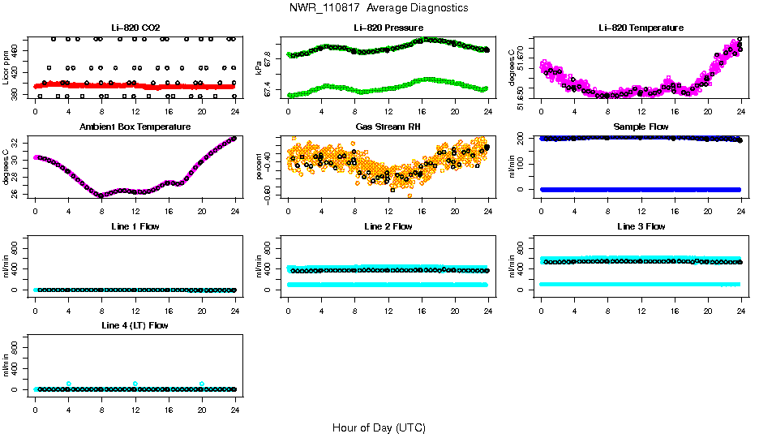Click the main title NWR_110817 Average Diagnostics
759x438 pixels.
point(378,8)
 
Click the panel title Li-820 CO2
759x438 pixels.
point(135,28)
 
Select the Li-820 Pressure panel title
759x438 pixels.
point(388,28)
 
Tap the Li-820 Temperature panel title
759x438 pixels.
point(641,28)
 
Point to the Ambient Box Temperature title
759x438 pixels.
point(135,127)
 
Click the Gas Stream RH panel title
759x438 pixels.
point(388,127)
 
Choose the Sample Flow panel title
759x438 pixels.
point(641,127)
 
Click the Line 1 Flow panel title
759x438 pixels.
point(135,226)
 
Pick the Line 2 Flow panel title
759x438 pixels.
point(388,226)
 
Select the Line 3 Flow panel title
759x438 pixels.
point(641,226)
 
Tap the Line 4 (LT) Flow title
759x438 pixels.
point(135,325)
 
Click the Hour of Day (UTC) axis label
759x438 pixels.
point(379,427)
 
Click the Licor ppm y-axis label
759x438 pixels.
point(6,67)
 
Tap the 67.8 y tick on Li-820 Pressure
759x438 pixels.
point(268,58)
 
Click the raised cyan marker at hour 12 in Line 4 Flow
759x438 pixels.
point(135,384)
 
